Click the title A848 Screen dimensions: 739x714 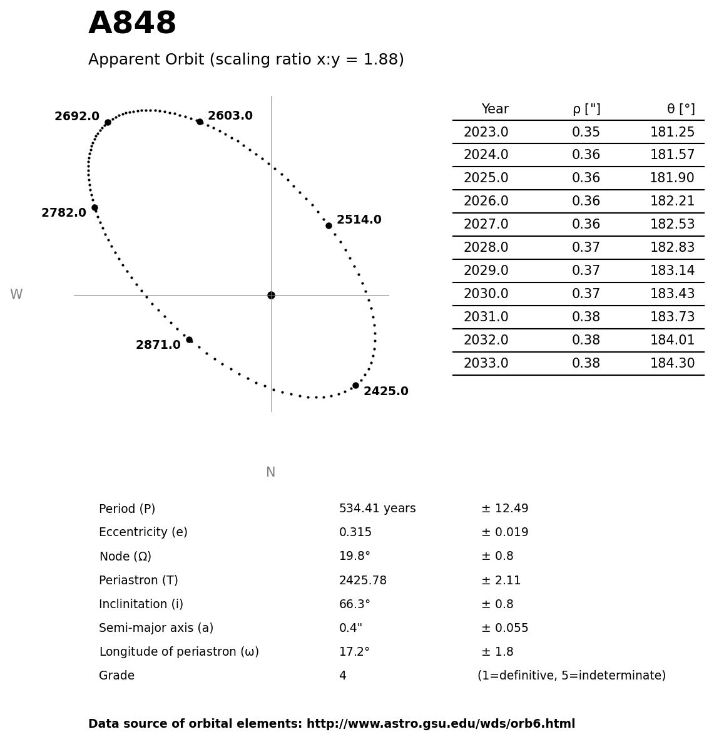click(132, 24)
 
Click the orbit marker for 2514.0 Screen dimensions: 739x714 click(329, 225)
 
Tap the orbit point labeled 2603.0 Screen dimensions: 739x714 click(200, 121)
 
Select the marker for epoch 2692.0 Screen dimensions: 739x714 click(108, 122)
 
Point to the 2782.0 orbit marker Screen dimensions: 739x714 click(94, 207)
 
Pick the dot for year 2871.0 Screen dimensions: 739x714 click(189, 339)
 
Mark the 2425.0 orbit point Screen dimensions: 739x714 click(355, 385)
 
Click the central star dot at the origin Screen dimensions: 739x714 click(271, 295)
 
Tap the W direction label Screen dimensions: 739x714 click(16, 294)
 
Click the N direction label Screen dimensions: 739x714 click(270, 472)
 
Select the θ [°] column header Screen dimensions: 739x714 click(680, 110)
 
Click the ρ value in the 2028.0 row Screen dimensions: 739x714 click(586, 248)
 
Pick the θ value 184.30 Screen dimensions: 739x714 click(672, 364)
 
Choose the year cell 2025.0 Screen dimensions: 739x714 click(486, 178)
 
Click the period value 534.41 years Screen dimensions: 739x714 click(377, 509)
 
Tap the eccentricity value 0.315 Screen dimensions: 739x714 click(355, 532)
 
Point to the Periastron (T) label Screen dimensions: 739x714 click(138, 581)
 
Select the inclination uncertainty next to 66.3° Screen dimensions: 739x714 click(497, 604)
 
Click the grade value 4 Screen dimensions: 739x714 click(342, 676)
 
